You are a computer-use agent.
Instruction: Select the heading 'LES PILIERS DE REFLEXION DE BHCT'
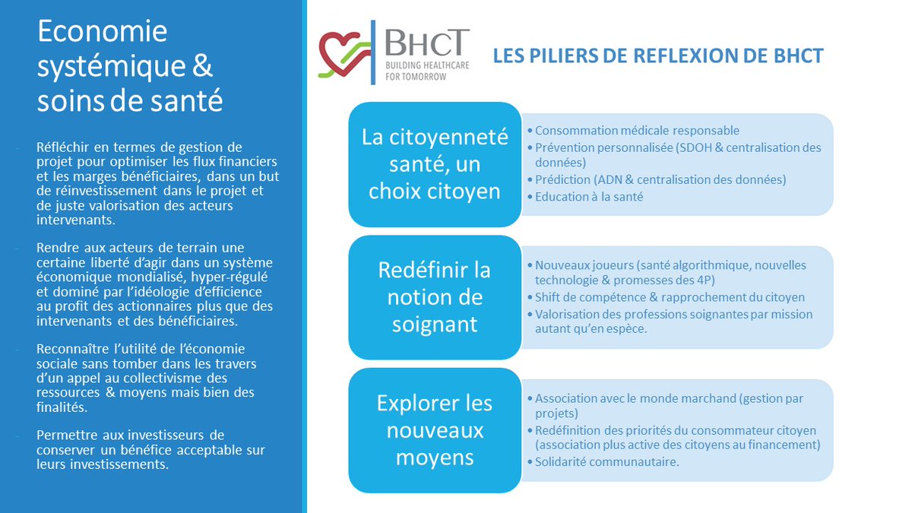pyautogui.click(x=658, y=56)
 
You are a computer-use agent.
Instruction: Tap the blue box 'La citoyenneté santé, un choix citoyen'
pyautogui.click(x=434, y=164)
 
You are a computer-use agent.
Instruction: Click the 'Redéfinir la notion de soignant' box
pyautogui.click(x=434, y=297)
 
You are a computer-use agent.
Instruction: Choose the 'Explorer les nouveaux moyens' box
pyautogui.click(x=434, y=430)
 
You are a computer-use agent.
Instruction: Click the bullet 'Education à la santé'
pyautogui.click(x=590, y=197)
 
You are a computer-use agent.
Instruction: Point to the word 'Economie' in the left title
pyautogui.click(x=102, y=32)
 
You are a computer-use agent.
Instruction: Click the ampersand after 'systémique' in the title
pyautogui.click(x=201, y=66)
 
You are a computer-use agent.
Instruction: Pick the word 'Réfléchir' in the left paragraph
pyautogui.click(x=63, y=147)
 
